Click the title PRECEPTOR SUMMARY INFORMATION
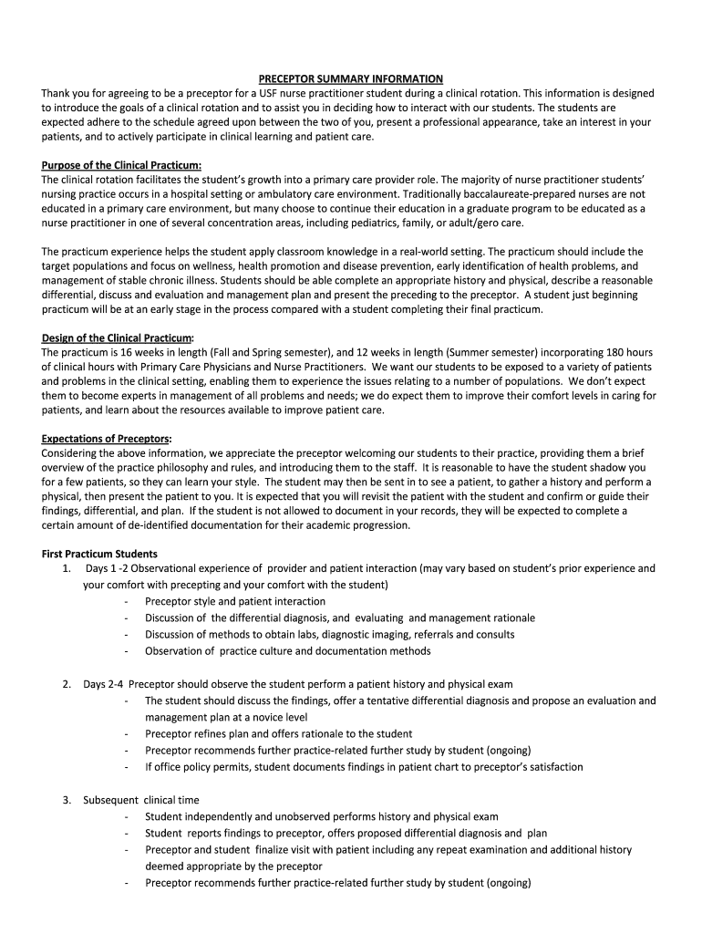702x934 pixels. [350, 79]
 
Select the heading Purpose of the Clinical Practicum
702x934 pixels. [121, 164]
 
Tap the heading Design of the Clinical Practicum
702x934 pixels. [118, 337]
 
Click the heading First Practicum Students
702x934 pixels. [99, 554]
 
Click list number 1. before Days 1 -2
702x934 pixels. [67, 568]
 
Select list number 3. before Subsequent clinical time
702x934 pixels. [67, 800]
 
